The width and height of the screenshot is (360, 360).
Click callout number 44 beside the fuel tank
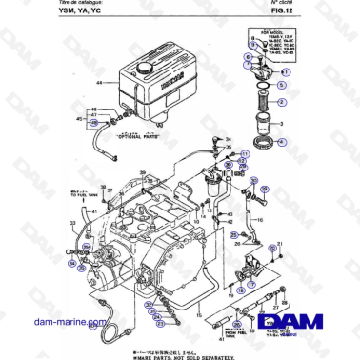98,84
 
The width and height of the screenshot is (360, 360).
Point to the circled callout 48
93,124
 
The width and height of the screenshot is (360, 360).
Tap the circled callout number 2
284,98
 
